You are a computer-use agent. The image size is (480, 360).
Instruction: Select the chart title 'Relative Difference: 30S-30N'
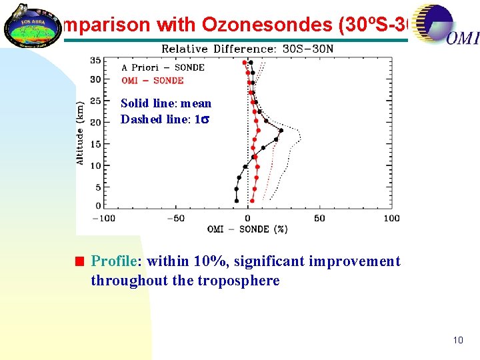pos(247,49)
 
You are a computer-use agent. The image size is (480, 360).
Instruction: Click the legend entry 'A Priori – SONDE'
pos(163,67)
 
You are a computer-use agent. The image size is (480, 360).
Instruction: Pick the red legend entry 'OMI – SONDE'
pos(152,81)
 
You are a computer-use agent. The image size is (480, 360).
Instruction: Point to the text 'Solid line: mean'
pos(166,103)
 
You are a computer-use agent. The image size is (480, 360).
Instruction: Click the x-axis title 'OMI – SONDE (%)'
pos(247,229)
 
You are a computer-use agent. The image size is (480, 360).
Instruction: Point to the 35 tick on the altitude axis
pos(95,61)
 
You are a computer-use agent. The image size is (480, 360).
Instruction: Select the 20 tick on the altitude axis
pos(95,122)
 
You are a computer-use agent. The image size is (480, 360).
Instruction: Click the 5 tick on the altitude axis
pos(98,187)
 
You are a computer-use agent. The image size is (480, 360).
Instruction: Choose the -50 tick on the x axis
pos(175,218)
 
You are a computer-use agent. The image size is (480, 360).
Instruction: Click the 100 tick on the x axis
pos(392,218)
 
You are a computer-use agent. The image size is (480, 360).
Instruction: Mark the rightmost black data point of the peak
pos(281,131)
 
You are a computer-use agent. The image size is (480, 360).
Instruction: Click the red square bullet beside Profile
pos(79,261)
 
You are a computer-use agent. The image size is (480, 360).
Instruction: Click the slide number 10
pos(457,340)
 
